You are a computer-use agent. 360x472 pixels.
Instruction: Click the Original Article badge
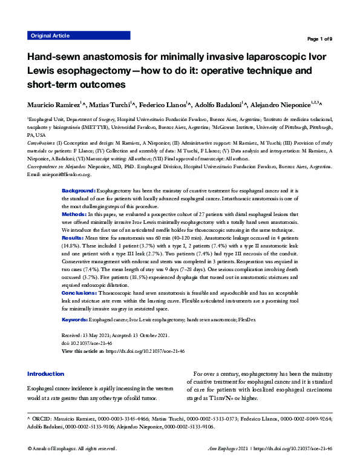50,36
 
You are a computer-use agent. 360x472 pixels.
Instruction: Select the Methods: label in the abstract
74,214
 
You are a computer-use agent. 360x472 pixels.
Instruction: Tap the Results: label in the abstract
74,238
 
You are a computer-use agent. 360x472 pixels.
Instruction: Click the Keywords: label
76,318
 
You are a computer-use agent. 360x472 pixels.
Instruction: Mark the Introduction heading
45,374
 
